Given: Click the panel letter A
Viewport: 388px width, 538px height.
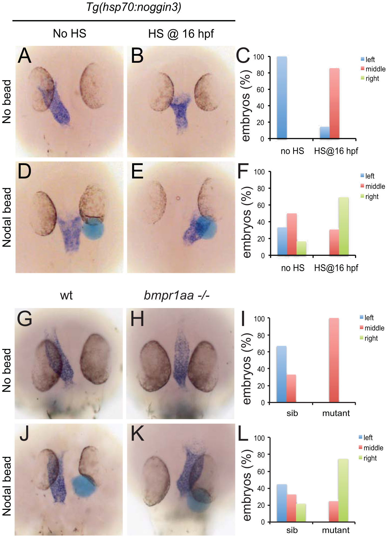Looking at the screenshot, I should click(x=25, y=56).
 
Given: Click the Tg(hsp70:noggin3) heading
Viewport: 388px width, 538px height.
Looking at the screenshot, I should click(x=134, y=7).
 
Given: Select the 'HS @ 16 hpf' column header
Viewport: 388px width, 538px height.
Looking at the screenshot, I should click(x=181, y=34).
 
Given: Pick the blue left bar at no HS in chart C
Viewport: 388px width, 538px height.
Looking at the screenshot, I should click(x=282, y=97).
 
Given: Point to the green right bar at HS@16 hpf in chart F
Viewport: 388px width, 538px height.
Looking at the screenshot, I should click(x=343, y=226).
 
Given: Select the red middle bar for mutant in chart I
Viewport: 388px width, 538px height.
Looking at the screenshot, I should click(x=334, y=360).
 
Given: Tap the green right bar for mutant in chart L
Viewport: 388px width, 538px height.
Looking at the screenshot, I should click(x=343, y=490).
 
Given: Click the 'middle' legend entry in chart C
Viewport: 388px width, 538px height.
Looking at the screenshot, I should click(x=375, y=69).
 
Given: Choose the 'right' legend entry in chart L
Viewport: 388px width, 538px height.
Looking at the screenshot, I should click(x=370, y=458).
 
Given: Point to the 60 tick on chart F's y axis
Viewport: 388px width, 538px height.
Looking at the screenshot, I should click(x=261, y=205).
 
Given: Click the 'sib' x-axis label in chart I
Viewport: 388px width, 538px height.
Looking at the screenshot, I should click(x=292, y=413).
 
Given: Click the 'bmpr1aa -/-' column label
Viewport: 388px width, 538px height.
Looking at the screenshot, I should click(x=177, y=295).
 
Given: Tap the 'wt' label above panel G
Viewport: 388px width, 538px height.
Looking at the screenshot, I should click(x=66, y=295).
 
